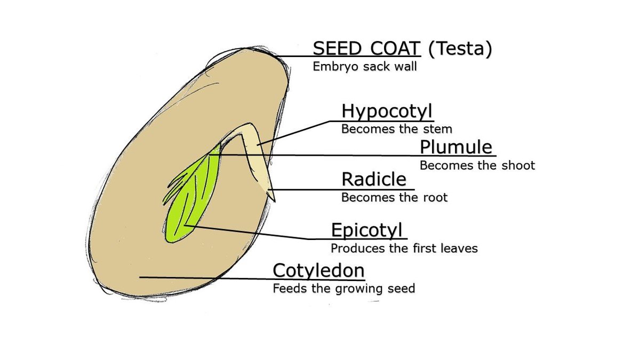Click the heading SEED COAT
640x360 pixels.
point(366,49)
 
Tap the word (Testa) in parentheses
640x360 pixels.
point(460,49)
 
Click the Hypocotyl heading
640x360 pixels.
point(387,111)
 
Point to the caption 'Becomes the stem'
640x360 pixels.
point(396,129)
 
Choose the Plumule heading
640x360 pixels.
point(455,147)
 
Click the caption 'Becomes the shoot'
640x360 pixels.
point(477,165)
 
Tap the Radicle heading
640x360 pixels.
point(373,179)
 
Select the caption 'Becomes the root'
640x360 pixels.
point(394,197)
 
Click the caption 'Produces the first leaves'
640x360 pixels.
point(404,249)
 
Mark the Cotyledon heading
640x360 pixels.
point(318,270)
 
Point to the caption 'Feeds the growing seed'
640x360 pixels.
point(343,289)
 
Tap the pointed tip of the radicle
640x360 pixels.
point(273,199)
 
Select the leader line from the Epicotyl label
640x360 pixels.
point(251,233)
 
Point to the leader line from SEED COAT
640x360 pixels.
point(293,57)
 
